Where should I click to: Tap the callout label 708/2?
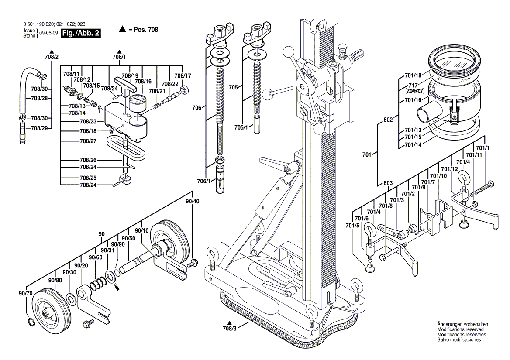point(51,57)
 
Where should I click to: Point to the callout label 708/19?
point(130,75)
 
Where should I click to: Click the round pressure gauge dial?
point(137,104)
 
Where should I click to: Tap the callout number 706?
point(197,106)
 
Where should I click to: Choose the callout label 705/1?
point(241,127)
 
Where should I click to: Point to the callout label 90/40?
point(192,201)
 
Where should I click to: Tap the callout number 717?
point(413,86)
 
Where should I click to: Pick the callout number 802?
point(388,118)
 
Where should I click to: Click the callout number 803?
point(388,182)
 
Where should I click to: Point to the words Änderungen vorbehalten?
point(462,324)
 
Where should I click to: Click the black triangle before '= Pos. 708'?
point(122,30)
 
